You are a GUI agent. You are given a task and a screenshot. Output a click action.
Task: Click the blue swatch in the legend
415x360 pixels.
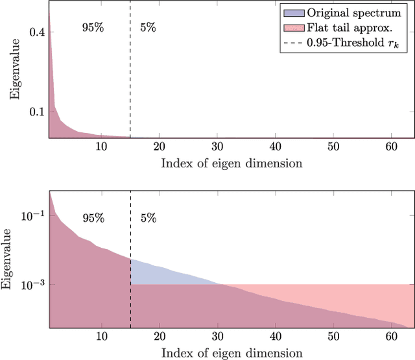click(294, 13)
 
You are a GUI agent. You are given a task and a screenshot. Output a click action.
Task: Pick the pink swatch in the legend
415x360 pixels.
click(294, 29)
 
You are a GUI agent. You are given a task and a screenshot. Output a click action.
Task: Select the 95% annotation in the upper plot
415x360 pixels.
click(93, 28)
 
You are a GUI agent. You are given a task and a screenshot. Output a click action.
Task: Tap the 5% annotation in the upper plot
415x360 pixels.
click(148, 28)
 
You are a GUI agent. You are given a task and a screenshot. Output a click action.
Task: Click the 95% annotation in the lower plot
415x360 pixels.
click(93, 218)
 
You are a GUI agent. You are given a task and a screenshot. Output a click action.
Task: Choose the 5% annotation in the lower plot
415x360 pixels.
click(148, 218)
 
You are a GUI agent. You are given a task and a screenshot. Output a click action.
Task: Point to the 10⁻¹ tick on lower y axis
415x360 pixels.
click(33, 215)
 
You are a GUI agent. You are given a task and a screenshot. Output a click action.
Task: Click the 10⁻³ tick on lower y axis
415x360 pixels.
click(33, 284)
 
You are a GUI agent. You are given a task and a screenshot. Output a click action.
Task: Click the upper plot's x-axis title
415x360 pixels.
click(231, 163)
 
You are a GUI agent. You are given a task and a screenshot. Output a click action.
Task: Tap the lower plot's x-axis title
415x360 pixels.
click(231, 354)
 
